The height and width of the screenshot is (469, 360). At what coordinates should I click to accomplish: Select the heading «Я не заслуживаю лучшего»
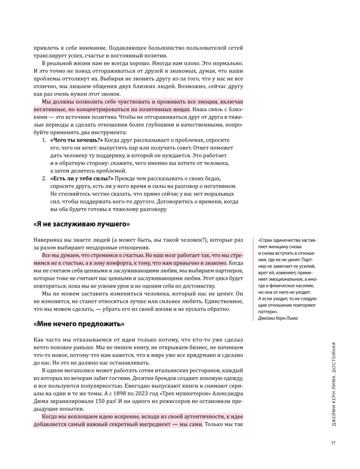pyautogui.click(x=81, y=224)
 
